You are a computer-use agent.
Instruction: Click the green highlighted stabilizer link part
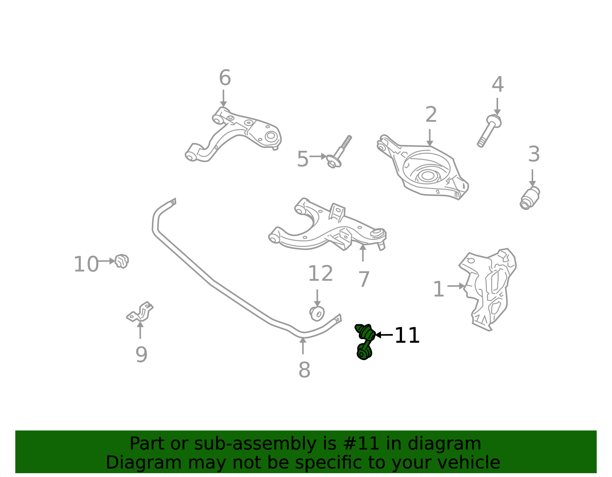[365, 341]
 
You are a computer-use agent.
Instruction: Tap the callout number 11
[407, 335]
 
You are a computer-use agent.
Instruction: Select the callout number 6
[225, 78]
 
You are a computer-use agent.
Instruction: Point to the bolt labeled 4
[489, 131]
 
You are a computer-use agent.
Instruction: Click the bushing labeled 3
[530, 198]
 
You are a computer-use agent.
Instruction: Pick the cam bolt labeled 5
[339, 152]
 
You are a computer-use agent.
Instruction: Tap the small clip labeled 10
[122, 261]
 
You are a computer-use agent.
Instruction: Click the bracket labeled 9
[140, 312]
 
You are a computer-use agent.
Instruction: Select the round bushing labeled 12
[317, 314]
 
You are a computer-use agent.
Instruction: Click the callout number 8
[304, 370]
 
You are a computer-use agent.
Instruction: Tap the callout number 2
[431, 115]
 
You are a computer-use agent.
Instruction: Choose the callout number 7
[364, 280]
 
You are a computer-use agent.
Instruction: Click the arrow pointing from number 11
[384, 335]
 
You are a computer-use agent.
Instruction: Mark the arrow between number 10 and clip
[106, 261]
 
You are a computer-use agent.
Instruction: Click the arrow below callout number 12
[317, 298]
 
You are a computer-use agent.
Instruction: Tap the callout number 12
[321, 273]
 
